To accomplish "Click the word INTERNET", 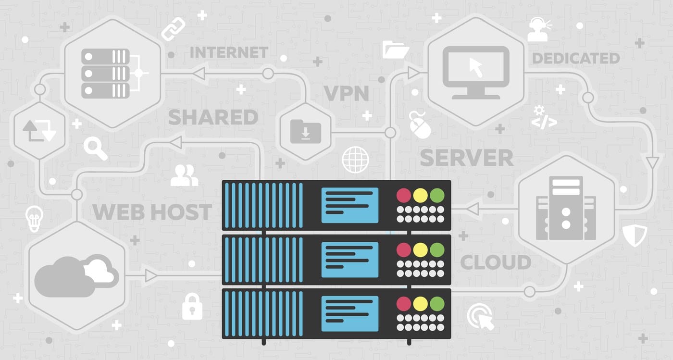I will pyautogui.click(x=229, y=52).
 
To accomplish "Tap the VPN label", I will pyautogui.click(x=346, y=93).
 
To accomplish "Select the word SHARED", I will pyautogui.click(x=213, y=117).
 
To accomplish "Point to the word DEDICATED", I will pyautogui.click(x=576, y=59).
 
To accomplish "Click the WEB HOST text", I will pyautogui.click(x=152, y=212).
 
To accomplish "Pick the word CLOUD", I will pyautogui.click(x=496, y=262).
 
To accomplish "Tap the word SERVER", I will pyautogui.click(x=466, y=158).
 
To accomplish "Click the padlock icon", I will pyautogui.click(x=192, y=306).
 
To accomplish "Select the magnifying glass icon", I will pyautogui.click(x=95, y=149).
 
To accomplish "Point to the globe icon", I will pyautogui.click(x=355, y=160).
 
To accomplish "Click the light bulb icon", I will pyautogui.click(x=34, y=219).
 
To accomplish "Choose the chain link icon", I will pyautogui.click(x=173, y=28).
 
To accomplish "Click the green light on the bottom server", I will pyautogui.click(x=436, y=303).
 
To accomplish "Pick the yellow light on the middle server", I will pyautogui.click(x=420, y=249).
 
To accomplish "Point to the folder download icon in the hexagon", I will pyautogui.click(x=306, y=131).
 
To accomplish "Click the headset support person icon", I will pyautogui.click(x=537, y=30).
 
